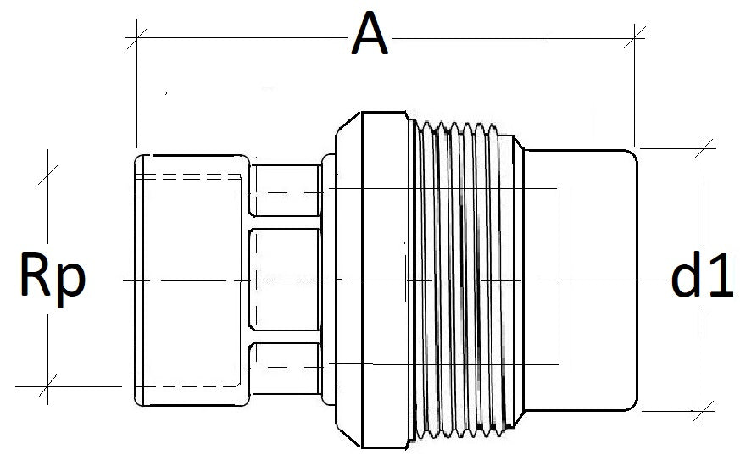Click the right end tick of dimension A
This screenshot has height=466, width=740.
pyautogui.click(x=633, y=36)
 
